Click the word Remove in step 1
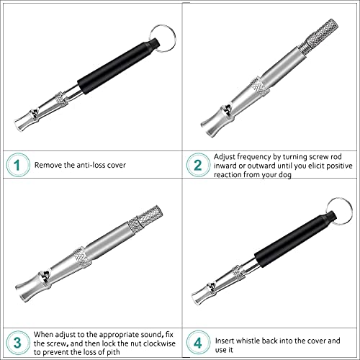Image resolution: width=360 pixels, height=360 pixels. click(51, 165)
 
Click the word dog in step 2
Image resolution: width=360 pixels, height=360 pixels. click(273, 174)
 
